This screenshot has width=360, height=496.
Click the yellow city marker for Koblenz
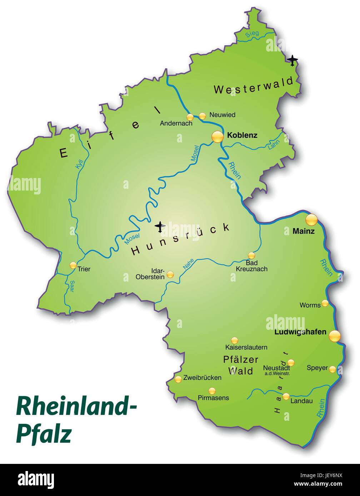point(217,137)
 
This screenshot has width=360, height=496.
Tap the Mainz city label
point(303,231)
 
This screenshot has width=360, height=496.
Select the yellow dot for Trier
point(73,265)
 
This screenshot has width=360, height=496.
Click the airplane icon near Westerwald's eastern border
point(292,60)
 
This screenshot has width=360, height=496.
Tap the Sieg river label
point(252,34)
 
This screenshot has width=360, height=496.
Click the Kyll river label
point(79,164)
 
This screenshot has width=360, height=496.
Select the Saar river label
point(72,286)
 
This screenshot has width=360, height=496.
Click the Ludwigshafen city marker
point(335,336)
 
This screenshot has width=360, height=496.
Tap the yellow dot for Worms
point(325,303)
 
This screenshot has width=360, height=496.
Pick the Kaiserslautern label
point(246,347)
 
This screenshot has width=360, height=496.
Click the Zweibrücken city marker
point(178,379)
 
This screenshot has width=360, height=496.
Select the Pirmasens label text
point(213,398)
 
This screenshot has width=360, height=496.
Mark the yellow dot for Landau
point(286,396)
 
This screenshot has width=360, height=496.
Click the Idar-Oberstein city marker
point(170,274)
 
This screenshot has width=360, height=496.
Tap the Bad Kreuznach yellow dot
point(251,255)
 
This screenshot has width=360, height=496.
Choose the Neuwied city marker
point(202,116)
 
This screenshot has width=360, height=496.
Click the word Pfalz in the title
point(44,433)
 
